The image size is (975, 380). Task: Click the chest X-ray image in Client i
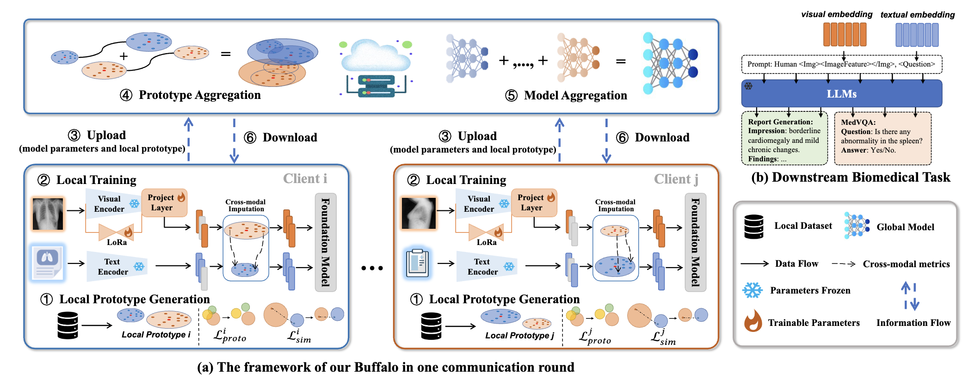pos(48,214)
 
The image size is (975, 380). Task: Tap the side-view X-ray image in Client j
pos(419,213)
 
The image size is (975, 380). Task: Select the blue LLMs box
pos(841,94)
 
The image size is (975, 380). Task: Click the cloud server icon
pos(376,67)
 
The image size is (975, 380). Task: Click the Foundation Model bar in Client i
pos(326,242)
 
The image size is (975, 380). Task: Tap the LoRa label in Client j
pos(487,242)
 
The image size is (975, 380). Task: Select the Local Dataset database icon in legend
pos(753,227)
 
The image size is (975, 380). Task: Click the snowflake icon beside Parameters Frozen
pos(752,290)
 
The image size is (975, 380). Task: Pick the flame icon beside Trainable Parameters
pos(753,321)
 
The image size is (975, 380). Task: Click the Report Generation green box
pos(784,139)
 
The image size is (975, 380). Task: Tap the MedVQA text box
pos(882,138)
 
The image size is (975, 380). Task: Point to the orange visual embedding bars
pos(845,35)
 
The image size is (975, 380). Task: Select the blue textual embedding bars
pos(917,35)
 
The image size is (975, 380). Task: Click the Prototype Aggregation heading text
pos(199,95)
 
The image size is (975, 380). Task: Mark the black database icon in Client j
pos(431,326)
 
